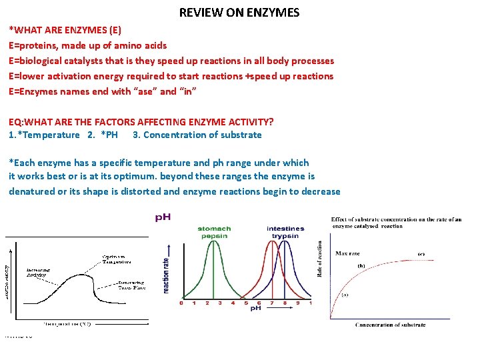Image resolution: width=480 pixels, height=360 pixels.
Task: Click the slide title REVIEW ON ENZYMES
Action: click(x=239, y=13)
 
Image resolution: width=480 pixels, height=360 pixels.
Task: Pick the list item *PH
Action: click(x=109, y=135)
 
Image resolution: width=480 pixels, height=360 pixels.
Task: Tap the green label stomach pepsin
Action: click(x=214, y=233)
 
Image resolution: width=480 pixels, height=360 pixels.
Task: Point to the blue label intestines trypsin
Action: click(x=285, y=233)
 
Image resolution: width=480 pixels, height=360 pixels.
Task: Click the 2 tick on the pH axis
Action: click(x=207, y=303)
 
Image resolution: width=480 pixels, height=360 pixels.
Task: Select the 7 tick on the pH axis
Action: click(x=272, y=303)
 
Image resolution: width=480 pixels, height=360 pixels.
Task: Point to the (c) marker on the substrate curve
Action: click(x=421, y=254)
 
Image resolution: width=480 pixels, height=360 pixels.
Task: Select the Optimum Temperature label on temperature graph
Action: click(x=116, y=259)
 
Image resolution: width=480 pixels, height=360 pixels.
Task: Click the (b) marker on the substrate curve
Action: click(x=361, y=266)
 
